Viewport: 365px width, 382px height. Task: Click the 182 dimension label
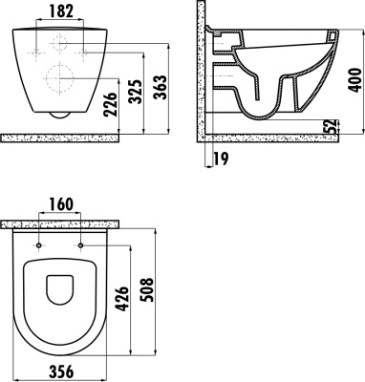61,11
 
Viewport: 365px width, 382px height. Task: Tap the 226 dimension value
111,104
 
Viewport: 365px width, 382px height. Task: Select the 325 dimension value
136,92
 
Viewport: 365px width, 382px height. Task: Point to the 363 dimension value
161,87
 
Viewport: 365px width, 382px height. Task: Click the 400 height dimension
355,80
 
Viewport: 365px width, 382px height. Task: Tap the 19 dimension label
221,159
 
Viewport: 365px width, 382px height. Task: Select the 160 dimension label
61,204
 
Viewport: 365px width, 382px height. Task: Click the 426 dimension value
122,299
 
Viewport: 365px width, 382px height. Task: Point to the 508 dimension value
147,290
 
